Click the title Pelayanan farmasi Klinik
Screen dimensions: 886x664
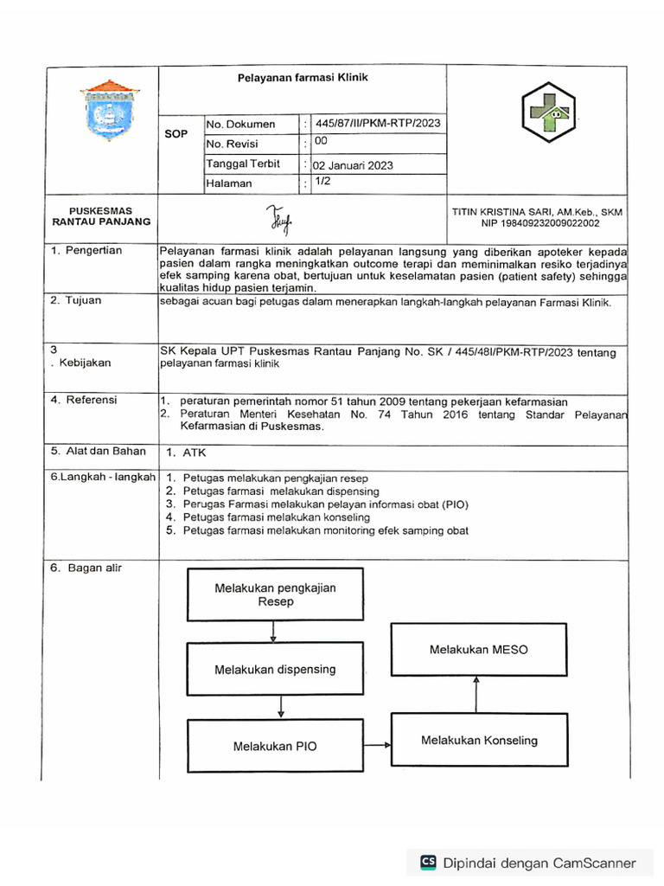coord(303,78)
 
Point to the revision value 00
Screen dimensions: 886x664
coord(321,140)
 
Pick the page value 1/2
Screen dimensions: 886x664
coord(322,181)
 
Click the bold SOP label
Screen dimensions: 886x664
coord(176,135)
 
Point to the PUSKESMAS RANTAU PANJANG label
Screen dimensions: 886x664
coord(101,215)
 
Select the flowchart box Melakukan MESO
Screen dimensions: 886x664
coord(478,649)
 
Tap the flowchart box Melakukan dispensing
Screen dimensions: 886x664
coord(275,670)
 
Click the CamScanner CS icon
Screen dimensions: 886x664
coord(428,863)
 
